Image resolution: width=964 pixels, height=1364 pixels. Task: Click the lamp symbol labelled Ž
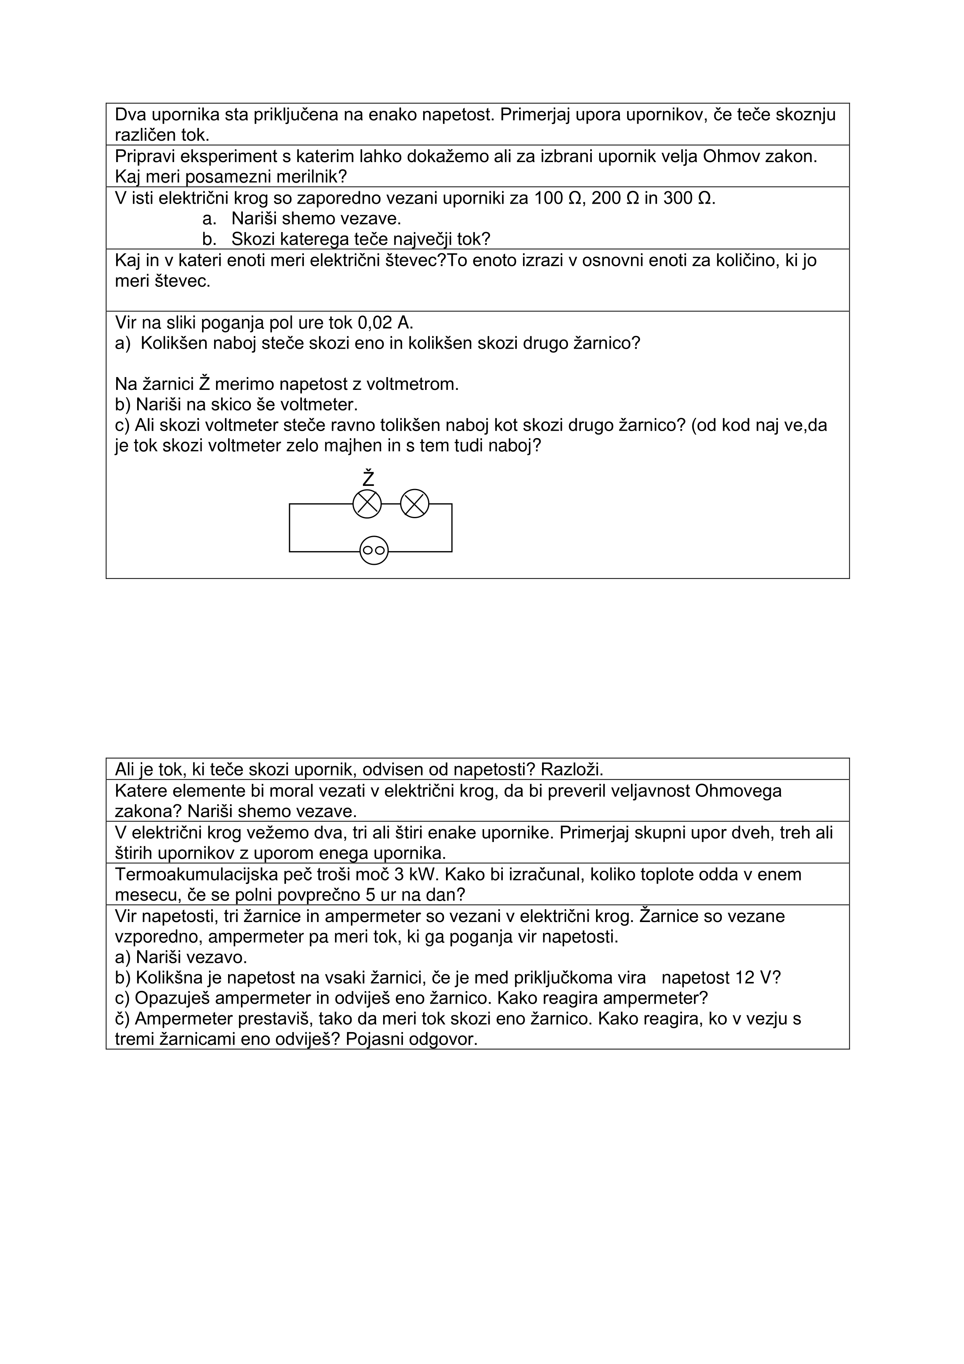(367, 504)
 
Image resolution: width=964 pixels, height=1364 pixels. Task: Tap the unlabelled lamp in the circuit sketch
(415, 504)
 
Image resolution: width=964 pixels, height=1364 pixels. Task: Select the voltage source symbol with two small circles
(374, 551)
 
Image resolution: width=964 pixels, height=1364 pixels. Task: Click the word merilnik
(299, 177)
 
